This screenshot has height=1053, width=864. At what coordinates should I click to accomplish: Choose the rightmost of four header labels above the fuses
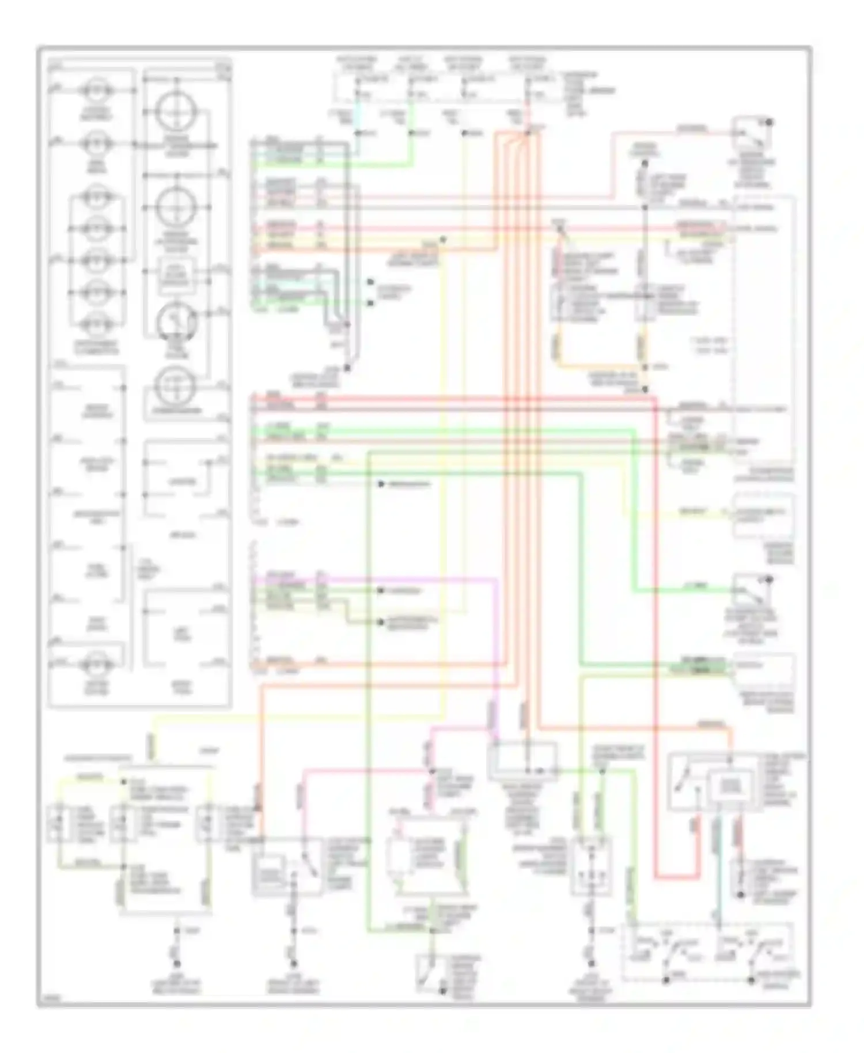[x=526, y=63]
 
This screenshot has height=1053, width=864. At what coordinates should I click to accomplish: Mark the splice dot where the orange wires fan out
[x=526, y=134]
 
